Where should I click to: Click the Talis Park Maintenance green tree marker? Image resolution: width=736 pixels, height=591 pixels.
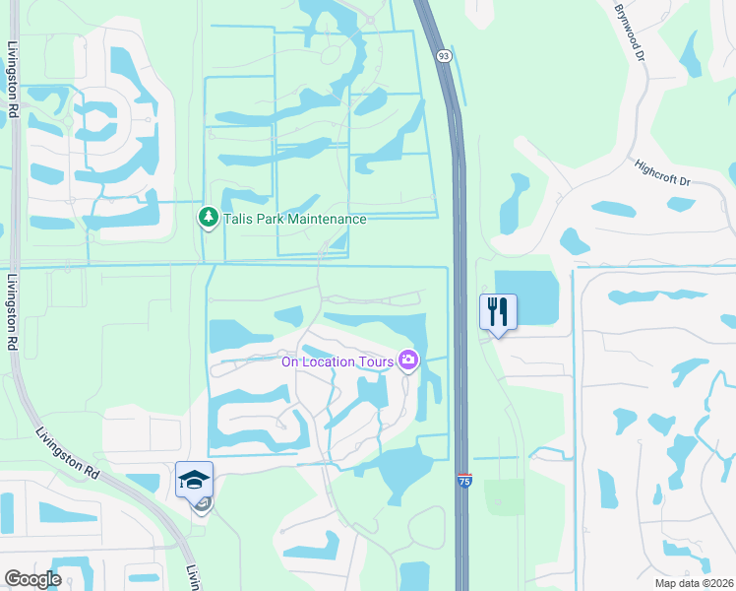tap(208, 218)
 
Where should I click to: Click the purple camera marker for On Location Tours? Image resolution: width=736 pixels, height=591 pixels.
tap(407, 361)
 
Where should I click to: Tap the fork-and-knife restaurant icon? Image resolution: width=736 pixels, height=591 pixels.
tap(497, 312)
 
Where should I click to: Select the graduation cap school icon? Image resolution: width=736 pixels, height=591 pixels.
tap(194, 480)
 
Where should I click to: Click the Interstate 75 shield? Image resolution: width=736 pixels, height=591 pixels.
tap(463, 481)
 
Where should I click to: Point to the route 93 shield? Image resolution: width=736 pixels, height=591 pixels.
tap(445, 56)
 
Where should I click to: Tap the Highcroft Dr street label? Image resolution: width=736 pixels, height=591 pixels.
tap(663, 172)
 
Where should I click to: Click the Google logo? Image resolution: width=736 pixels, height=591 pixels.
tap(32, 579)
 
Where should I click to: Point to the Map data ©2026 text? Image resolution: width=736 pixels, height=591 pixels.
tap(693, 583)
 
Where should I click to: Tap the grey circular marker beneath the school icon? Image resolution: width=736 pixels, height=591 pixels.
tap(202, 506)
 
